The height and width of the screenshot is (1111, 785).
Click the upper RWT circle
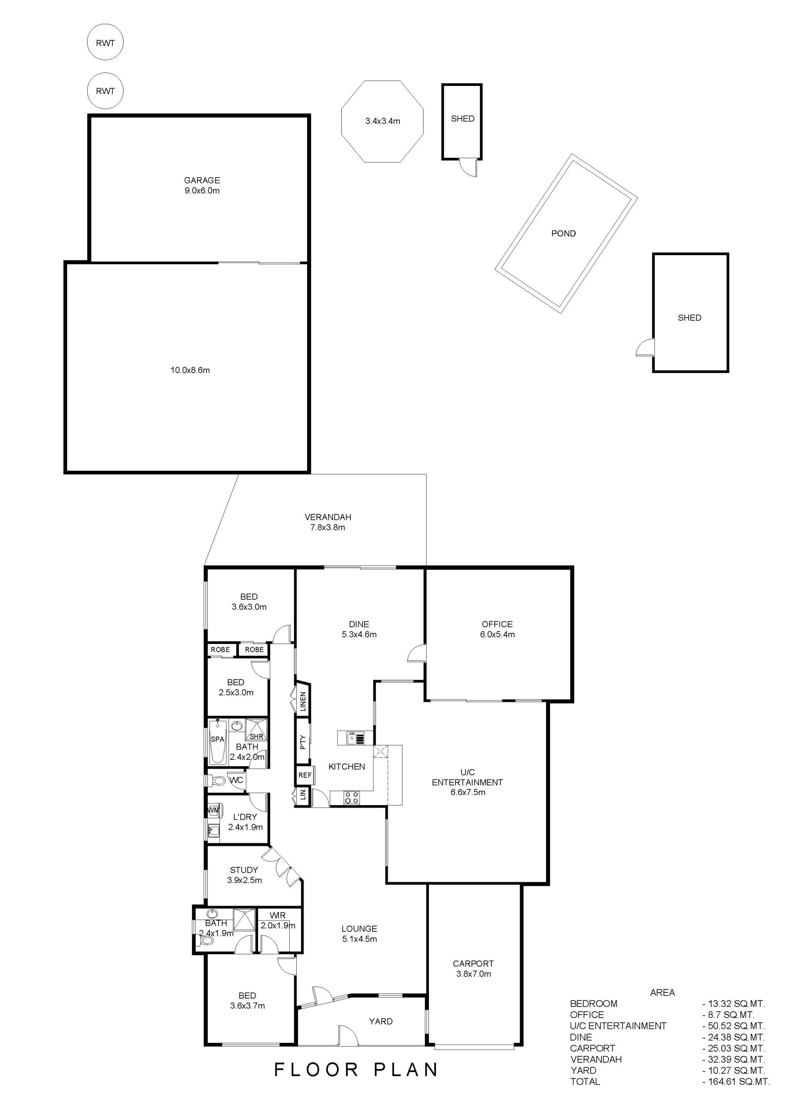(x=105, y=43)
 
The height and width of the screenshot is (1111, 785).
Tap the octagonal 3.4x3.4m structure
(x=383, y=122)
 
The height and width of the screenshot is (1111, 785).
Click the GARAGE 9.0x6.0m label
(x=202, y=185)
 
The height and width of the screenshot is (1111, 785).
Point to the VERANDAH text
(x=328, y=517)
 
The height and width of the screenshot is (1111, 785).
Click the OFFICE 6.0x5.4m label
(x=497, y=629)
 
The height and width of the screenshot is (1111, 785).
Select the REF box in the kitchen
(x=305, y=775)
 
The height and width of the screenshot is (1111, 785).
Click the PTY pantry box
(x=303, y=742)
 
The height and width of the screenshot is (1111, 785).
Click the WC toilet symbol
(x=217, y=780)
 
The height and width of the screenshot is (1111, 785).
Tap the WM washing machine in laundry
(x=213, y=810)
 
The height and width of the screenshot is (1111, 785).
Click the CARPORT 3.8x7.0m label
(x=473, y=969)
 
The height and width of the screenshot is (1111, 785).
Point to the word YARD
(x=381, y=1021)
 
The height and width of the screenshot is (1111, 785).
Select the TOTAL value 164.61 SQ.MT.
(x=736, y=1081)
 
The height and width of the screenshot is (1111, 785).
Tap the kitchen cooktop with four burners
(x=352, y=797)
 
